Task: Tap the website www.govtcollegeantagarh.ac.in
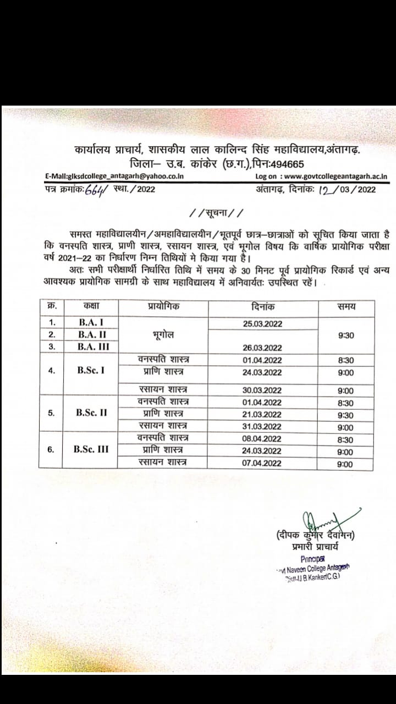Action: (337, 177)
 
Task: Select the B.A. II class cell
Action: (92, 334)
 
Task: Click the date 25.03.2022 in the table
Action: (262, 323)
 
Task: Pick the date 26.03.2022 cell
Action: (262, 347)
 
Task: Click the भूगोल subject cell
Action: (164, 334)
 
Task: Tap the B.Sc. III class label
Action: (91, 449)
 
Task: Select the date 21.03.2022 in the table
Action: (262, 415)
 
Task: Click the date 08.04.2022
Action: (262, 439)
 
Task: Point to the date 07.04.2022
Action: (262, 463)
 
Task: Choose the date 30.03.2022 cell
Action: (262, 390)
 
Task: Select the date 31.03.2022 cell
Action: (262, 427)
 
